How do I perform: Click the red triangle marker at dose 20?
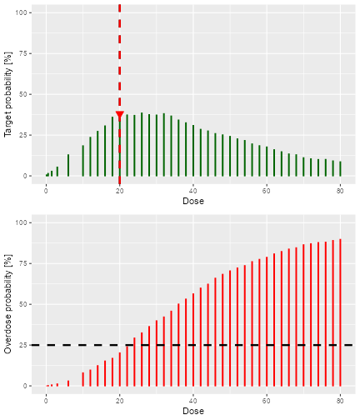pos(120,117)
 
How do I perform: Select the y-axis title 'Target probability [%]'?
pos(9,93)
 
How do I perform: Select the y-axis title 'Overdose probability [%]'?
pos(9,303)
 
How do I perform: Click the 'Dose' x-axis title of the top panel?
pos(193,201)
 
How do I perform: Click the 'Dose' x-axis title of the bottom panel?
pos(193,411)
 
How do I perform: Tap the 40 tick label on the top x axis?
pos(193,189)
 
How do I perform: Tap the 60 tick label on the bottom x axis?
pos(267,399)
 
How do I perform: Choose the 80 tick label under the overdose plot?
pos(340,399)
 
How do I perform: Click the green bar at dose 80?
pos(340,168)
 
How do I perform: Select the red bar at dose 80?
pos(340,312)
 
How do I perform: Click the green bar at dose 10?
pos(83,161)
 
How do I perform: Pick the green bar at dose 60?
pos(267,162)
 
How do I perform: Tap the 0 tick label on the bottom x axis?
pos(47,399)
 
